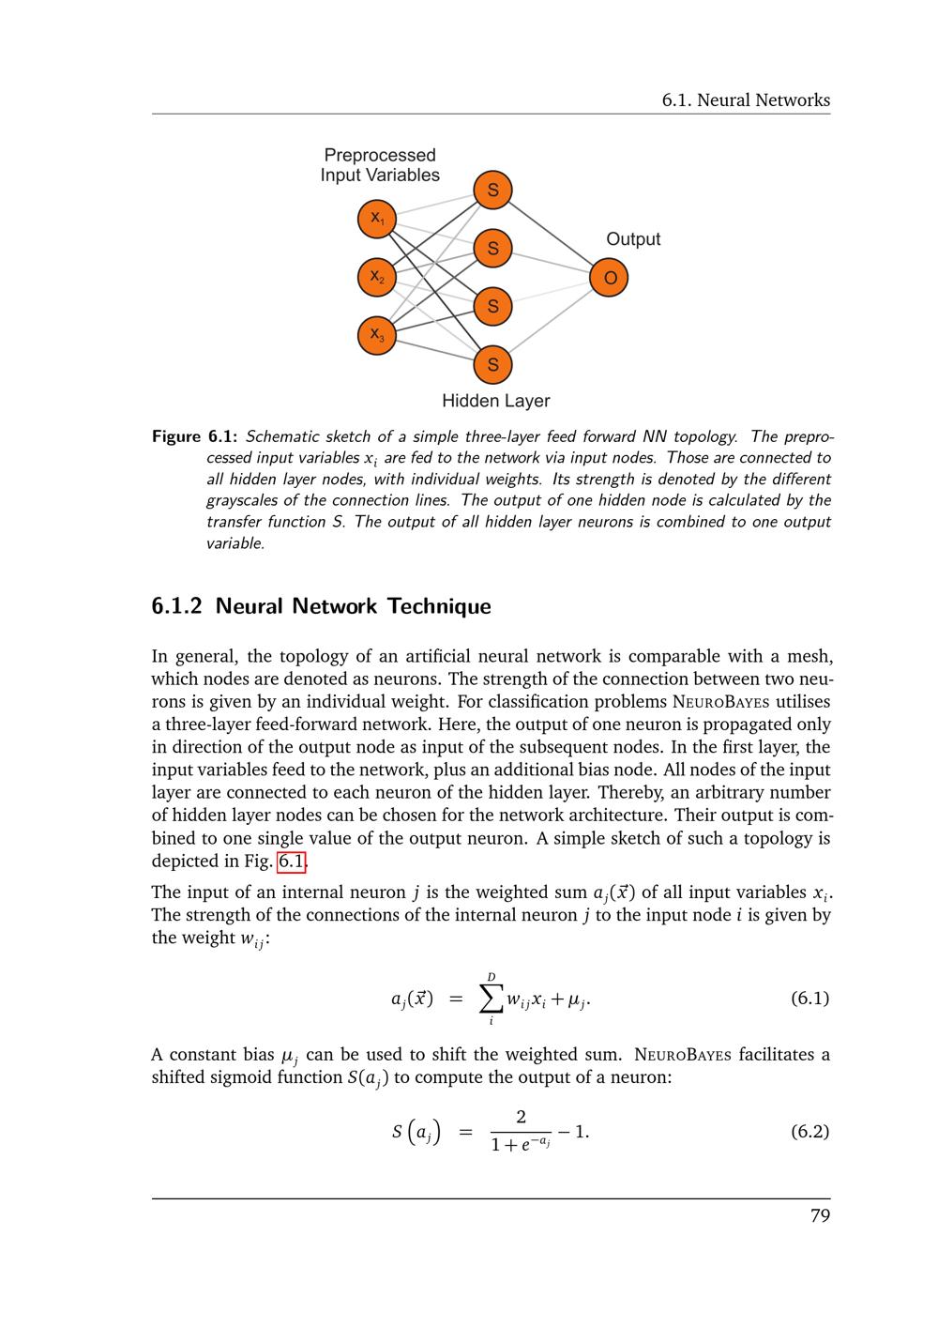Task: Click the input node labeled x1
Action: (x=377, y=219)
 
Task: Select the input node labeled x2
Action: (x=377, y=277)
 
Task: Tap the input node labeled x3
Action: (x=377, y=335)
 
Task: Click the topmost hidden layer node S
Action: (x=492, y=191)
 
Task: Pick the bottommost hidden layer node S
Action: (x=492, y=365)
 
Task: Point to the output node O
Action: (x=609, y=278)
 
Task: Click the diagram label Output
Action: (x=633, y=239)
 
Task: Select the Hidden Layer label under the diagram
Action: (x=495, y=402)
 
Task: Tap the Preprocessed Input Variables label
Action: (x=380, y=165)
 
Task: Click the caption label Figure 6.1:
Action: (x=194, y=436)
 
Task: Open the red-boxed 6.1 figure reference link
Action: (x=293, y=862)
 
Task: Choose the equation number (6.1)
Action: (x=809, y=998)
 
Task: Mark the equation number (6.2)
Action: (x=809, y=1131)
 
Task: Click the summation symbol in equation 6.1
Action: (x=491, y=999)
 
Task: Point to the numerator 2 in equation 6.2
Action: (x=521, y=1117)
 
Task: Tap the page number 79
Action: (x=820, y=1217)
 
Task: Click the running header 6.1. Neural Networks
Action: (x=746, y=100)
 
